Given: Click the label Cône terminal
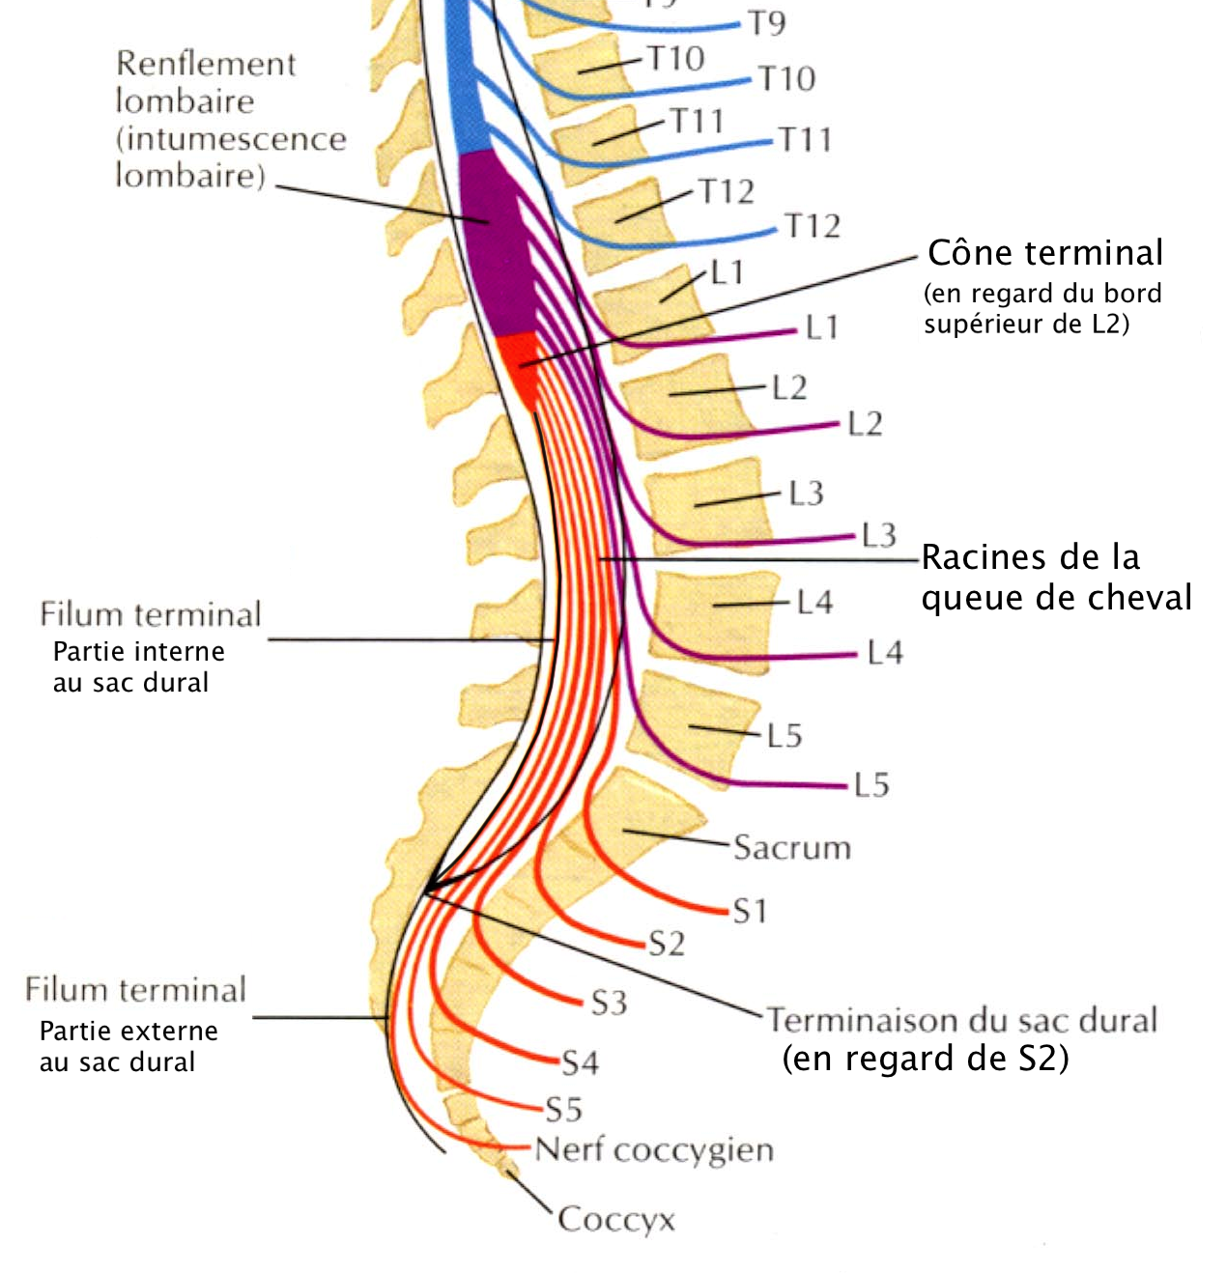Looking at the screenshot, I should click(x=1044, y=253).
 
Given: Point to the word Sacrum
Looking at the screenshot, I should click(x=791, y=848).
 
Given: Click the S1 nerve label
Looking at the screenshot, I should click(x=749, y=911).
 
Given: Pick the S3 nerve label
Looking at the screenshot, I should click(x=609, y=1003).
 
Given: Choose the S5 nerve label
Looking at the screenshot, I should click(x=563, y=1109).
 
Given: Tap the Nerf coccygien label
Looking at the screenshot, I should click(x=654, y=1150).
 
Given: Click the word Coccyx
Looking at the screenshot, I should click(x=615, y=1219).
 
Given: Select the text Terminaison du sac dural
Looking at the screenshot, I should click(x=961, y=1020).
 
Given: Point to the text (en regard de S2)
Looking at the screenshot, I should click(x=925, y=1059).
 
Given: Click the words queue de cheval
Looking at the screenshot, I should click(x=1056, y=598).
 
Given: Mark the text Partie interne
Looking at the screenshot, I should click(x=138, y=652).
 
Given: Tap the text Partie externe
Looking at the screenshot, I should click(x=128, y=1032).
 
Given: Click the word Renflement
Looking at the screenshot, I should click(x=206, y=64).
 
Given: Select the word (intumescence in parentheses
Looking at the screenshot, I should click(x=230, y=139).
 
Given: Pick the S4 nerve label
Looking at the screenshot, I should click(x=580, y=1063).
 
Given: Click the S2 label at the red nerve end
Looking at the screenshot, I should click(x=666, y=944).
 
